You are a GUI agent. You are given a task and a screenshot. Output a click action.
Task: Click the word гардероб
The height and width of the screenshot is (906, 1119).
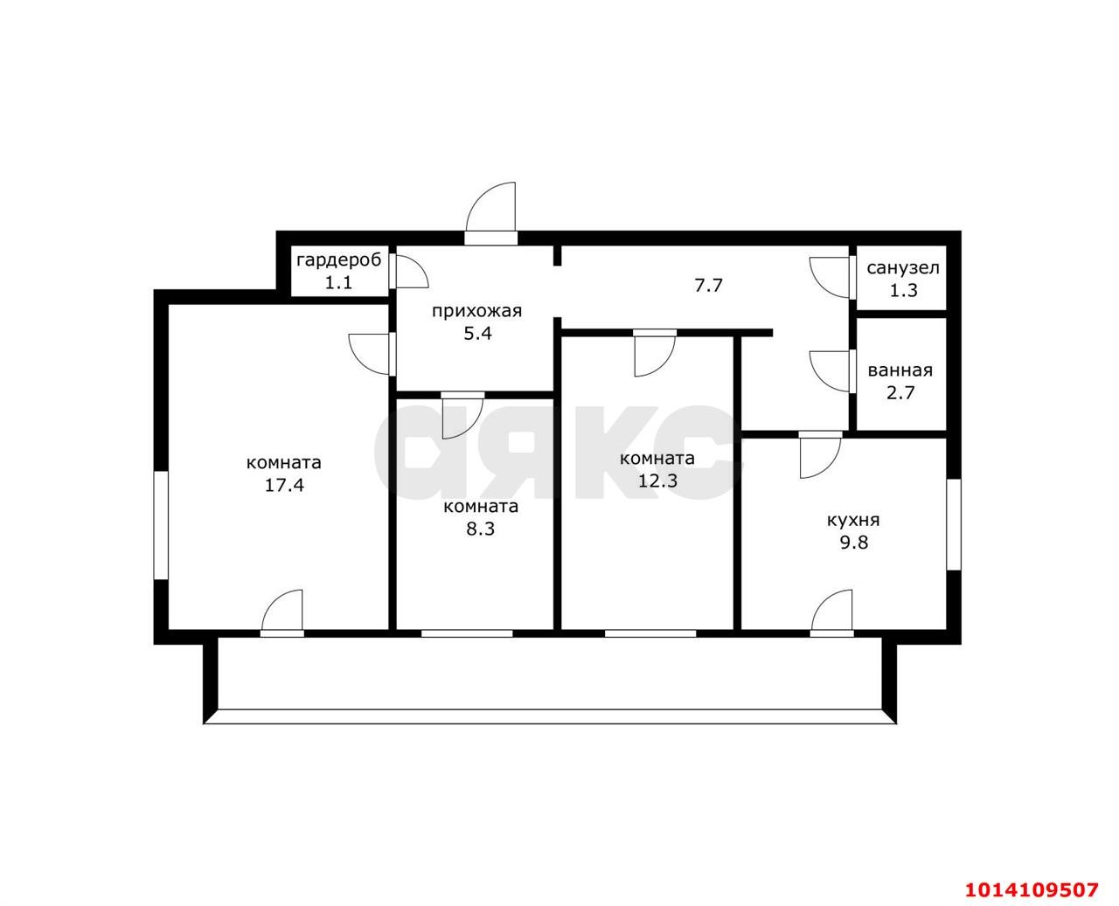point(339,260)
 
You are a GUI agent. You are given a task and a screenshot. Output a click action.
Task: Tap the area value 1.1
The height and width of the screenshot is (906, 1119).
point(338,283)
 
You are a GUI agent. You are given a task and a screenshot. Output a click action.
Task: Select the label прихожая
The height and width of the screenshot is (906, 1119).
point(477,311)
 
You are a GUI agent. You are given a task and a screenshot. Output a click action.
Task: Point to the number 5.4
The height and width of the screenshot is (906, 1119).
point(477,334)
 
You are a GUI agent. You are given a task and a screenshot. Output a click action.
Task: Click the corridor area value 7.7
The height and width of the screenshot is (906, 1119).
point(709,286)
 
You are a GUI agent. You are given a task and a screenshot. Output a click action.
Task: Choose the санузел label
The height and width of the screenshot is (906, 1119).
point(903,268)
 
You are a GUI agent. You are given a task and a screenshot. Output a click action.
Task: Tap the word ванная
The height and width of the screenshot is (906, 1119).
point(900,370)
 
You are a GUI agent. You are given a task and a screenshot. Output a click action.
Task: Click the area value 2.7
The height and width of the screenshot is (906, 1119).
point(900,392)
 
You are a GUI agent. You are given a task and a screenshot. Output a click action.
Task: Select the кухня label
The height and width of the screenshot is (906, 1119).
point(853,520)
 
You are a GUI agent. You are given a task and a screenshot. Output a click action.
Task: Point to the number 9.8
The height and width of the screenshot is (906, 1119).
point(854,543)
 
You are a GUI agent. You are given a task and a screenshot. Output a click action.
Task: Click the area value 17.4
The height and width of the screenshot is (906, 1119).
point(284,485)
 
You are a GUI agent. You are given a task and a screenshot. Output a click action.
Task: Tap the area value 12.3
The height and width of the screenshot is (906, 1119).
point(657,481)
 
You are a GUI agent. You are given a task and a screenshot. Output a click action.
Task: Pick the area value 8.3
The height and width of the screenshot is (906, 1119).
point(480,529)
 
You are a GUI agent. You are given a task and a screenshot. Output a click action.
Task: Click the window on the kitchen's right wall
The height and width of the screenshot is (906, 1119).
point(954,524)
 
